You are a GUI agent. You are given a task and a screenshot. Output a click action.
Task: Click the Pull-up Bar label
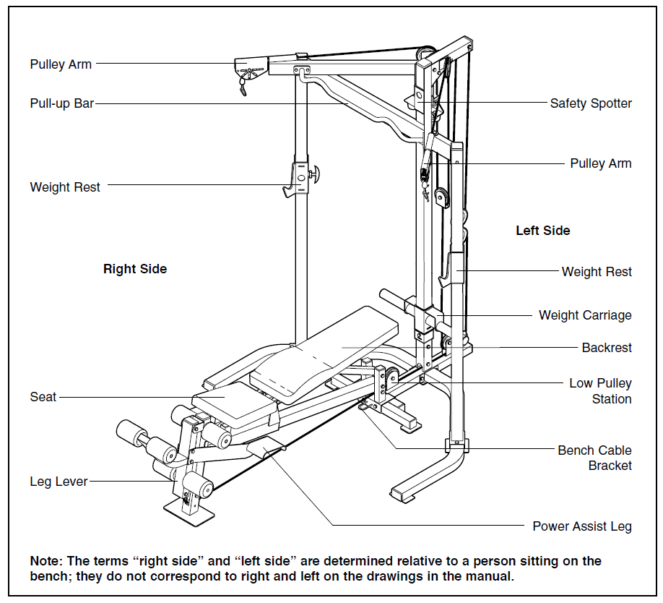tap(62, 103)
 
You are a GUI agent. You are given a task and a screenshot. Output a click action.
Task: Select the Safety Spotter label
tap(590, 103)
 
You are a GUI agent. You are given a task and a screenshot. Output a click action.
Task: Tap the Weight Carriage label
tap(584, 315)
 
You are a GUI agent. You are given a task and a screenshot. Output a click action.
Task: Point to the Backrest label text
tap(606, 348)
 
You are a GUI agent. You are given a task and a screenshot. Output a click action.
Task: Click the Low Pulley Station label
tap(599, 391)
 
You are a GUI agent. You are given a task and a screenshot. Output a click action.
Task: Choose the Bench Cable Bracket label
tap(594, 458)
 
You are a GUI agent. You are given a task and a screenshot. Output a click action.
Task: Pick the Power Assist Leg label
tap(581, 526)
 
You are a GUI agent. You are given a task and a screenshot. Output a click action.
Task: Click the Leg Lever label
tap(58, 482)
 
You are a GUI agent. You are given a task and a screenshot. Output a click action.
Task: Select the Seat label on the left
tap(43, 397)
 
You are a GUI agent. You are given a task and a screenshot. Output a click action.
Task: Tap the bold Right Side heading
tap(135, 269)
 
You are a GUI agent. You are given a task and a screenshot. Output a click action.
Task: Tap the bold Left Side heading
tap(542, 231)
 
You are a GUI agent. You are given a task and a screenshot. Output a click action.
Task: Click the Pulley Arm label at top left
tap(61, 64)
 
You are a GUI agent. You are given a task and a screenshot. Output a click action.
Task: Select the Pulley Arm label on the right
tap(600, 163)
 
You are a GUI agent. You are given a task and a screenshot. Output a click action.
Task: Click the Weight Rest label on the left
tap(65, 187)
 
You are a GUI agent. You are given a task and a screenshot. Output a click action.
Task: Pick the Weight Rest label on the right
tap(596, 272)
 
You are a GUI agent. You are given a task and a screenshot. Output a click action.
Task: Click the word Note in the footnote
tap(45, 561)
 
